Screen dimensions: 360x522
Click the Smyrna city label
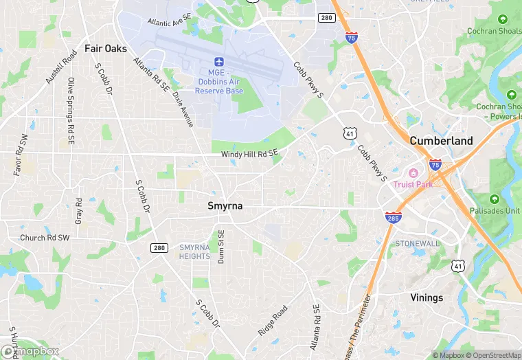[225, 205]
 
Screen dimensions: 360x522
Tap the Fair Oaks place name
[106, 49]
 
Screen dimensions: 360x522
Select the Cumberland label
[441, 140]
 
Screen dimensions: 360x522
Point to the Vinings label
[427, 297]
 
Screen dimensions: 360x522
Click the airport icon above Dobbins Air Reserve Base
[219, 62]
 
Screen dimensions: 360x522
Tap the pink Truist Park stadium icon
[413, 173]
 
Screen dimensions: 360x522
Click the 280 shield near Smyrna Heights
[158, 247]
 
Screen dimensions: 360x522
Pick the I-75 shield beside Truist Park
[435, 164]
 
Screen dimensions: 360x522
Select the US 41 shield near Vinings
[458, 265]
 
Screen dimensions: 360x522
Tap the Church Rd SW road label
[45, 238]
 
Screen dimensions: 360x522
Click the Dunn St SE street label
[221, 246]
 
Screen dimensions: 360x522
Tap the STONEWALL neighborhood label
[416, 244]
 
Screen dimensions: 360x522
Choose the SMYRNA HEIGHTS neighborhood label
[194, 251]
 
